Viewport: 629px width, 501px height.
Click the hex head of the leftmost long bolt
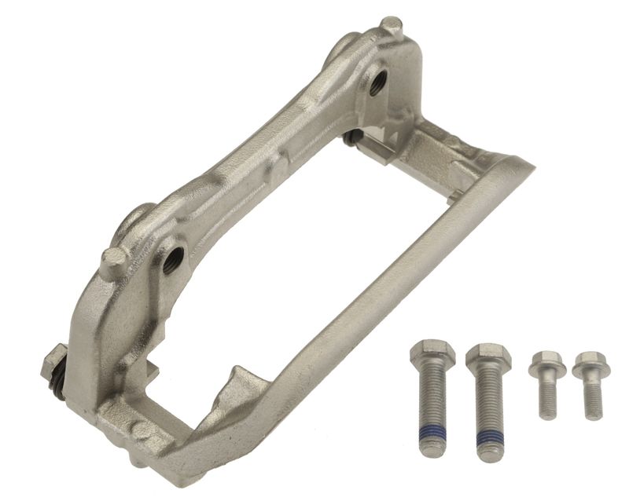click(432, 356)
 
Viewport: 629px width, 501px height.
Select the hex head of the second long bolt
click(488, 358)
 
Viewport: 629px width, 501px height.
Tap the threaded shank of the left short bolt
click(547, 397)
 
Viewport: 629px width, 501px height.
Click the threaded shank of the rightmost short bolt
click(591, 398)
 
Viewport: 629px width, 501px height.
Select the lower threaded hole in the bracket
click(174, 258)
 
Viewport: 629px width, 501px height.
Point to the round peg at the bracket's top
click(391, 27)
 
